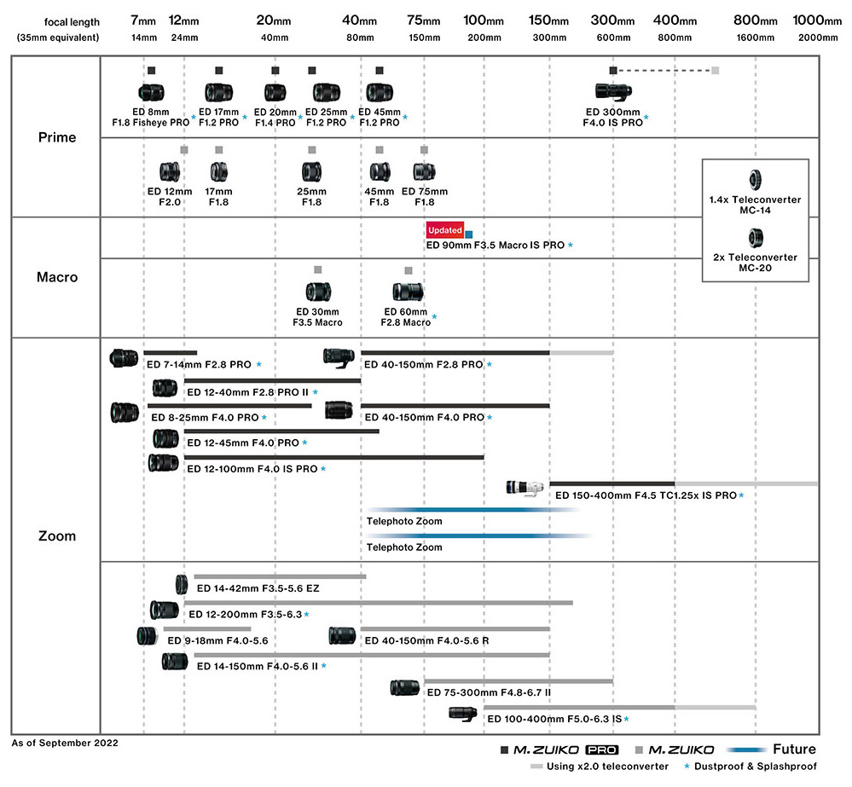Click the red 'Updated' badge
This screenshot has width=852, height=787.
[444, 230]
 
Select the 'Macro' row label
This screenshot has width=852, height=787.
[57, 276]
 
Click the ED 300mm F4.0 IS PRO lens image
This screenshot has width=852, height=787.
[613, 93]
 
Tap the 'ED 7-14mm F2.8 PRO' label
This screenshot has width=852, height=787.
[199, 365]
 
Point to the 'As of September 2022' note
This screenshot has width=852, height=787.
[65, 743]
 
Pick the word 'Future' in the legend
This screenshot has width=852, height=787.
[793, 750]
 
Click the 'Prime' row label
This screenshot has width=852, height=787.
[57, 137]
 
